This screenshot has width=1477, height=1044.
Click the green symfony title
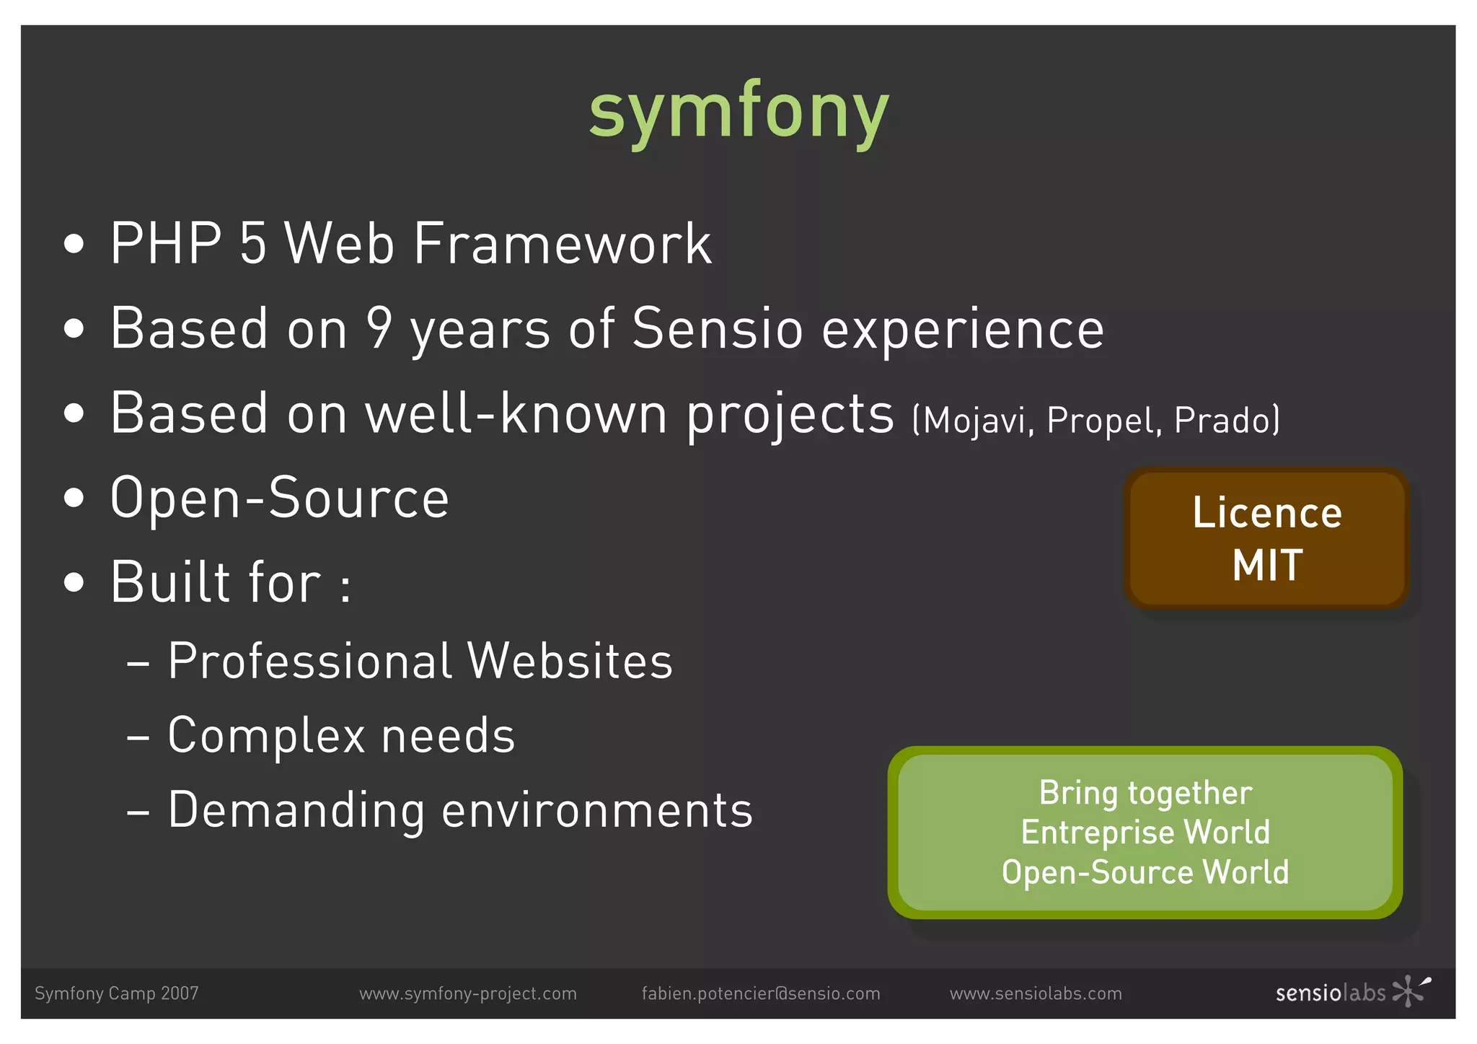point(738,112)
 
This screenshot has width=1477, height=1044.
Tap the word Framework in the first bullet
point(563,245)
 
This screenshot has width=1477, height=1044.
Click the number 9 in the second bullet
point(379,328)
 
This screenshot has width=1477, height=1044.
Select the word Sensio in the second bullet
point(717,328)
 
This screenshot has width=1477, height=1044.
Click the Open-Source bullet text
point(280,498)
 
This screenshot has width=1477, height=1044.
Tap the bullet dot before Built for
point(74,582)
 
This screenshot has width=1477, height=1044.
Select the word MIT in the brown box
point(1267,565)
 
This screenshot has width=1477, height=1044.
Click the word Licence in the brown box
point(1267,513)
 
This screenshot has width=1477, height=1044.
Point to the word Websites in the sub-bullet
point(570,661)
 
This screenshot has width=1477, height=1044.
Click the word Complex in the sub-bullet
point(265,736)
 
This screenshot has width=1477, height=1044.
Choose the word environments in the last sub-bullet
point(597,810)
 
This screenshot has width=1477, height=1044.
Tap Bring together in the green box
point(1145,793)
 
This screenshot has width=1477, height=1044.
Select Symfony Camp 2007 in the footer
point(116,993)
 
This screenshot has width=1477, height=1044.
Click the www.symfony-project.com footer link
point(468,993)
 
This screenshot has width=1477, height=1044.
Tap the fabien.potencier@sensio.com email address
point(761,993)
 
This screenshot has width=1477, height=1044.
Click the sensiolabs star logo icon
point(1410,991)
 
